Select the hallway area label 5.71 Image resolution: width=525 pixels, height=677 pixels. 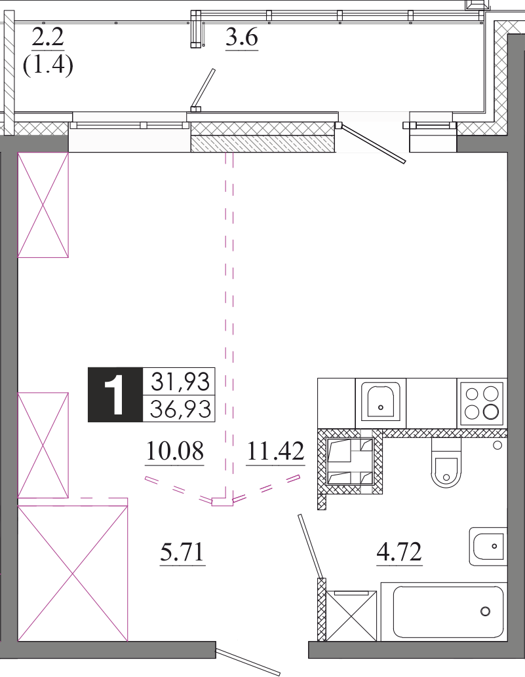[182, 552]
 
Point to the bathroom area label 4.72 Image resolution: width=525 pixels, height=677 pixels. [399, 552]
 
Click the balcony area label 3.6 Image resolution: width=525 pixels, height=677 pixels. [242, 37]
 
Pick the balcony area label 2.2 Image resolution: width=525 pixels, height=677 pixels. [48, 37]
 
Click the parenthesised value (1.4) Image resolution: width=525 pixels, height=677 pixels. [48, 65]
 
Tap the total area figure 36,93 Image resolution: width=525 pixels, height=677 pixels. [180, 409]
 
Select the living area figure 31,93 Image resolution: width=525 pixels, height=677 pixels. [180, 382]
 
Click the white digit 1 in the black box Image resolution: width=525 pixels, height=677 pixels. [115, 395]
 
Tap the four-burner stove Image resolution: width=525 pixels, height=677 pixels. [482, 403]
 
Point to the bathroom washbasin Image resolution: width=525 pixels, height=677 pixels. [488, 546]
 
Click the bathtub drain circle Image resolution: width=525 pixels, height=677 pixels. [485, 612]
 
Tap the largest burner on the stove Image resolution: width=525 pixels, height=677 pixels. [491, 412]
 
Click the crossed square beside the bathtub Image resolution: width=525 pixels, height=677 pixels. [351, 615]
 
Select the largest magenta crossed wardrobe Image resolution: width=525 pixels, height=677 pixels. [73, 574]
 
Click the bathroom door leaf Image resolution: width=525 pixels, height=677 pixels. [310, 547]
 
